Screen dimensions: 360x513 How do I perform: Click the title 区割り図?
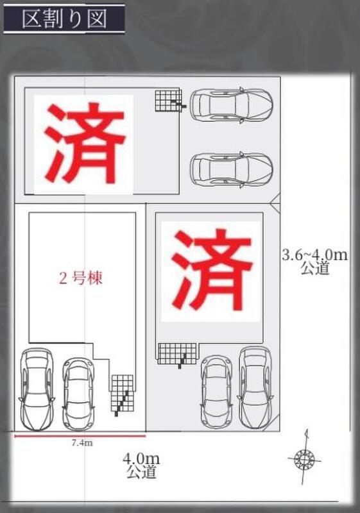point(64,19)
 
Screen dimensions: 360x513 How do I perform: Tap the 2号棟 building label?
point(80,278)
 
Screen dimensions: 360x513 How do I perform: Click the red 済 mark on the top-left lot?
point(85,143)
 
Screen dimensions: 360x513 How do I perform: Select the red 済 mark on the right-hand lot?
point(211,269)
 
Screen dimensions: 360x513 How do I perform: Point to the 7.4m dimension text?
point(82,443)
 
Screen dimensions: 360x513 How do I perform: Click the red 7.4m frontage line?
point(80,436)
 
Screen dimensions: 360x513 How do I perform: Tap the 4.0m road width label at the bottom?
point(141,458)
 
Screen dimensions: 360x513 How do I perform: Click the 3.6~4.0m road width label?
point(314,255)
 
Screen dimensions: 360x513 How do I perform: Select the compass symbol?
point(304,458)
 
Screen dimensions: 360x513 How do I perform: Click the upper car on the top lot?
point(232,105)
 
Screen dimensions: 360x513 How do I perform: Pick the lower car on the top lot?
point(232,169)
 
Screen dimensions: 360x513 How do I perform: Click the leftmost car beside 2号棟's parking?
point(37,389)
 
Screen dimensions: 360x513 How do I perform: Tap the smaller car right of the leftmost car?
point(78,394)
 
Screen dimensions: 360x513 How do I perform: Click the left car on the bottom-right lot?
point(216,392)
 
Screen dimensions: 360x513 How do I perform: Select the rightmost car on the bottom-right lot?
point(255,387)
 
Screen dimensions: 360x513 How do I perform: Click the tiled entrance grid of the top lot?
point(168,101)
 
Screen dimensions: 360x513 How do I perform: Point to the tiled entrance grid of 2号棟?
point(123,393)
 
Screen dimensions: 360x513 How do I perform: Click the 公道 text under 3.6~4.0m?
point(315,268)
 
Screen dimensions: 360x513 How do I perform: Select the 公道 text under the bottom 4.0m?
point(141,472)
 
